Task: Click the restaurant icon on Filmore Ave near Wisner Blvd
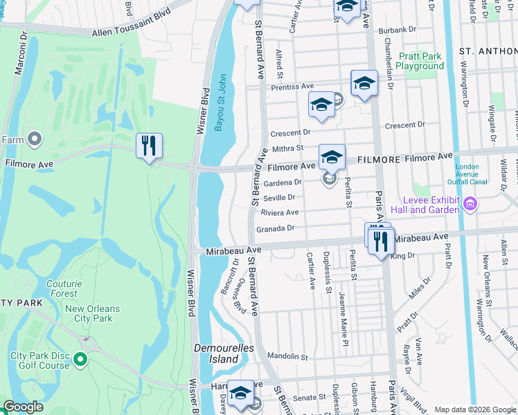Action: [149, 146]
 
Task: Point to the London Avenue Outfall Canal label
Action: [477, 174]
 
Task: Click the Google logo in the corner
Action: [23, 407]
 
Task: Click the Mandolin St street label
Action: [287, 357]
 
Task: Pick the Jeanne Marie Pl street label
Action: [341, 305]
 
